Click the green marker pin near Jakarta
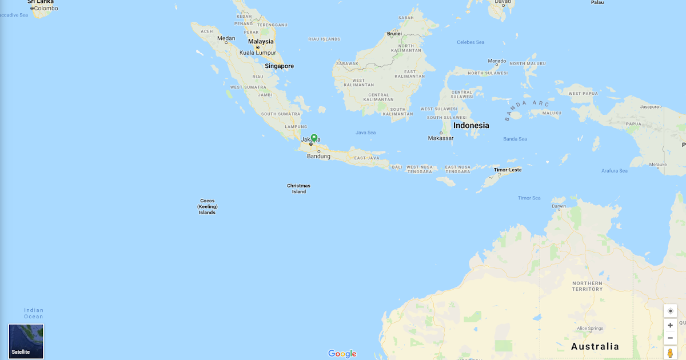click(x=314, y=138)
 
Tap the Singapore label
click(x=279, y=66)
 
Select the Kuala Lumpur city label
click(x=258, y=53)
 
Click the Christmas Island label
click(x=298, y=189)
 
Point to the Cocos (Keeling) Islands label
click(x=207, y=207)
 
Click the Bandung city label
click(x=318, y=157)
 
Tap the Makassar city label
click(x=441, y=138)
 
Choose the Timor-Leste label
click(x=508, y=170)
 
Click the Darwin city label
click(x=559, y=206)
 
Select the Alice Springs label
click(x=589, y=329)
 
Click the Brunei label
click(x=394, y=34)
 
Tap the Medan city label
click(x=226, y=38)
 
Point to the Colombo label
click(x=45, y=9)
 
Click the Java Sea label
click(x=365, y=133)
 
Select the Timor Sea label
click(x=529, y=198)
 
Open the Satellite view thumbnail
click(x=26, y=341)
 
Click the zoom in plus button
click(x=670, y=325)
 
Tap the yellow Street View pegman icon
click(x=670, y=353)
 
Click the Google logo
click(x=342, y=354)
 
